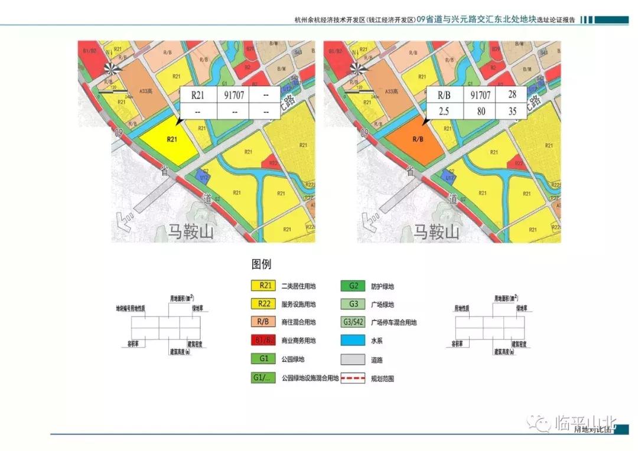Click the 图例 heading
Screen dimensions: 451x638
261,264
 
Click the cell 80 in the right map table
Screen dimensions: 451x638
479,111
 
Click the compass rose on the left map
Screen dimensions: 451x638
112,69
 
